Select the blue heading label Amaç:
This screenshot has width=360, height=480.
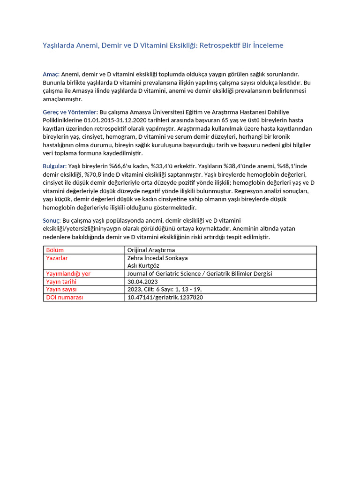tap(51, 75)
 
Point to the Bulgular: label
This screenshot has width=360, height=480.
tap(55, 166)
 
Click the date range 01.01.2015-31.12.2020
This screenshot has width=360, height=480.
tap(116, 120)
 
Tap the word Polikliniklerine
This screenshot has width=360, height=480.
tap(63, 120)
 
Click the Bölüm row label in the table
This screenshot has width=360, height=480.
tap(55, 250)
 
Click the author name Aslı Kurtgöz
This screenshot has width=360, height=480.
tap(143, 265)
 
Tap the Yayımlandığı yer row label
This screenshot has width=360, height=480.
tap(68, 274)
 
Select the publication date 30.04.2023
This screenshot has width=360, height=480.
tap(143, 282)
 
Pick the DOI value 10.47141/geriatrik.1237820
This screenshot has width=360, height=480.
tap(165, 297)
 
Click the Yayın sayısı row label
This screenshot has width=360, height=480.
tap(61, 290)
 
